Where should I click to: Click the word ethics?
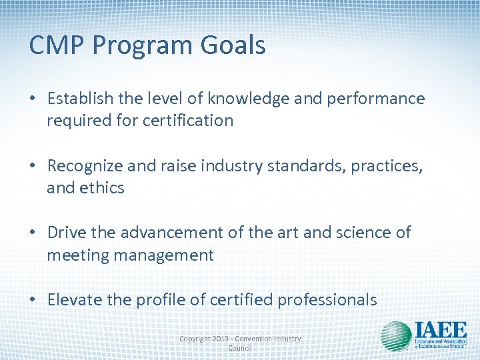click(101, 188)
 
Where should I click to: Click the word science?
click(359, 233)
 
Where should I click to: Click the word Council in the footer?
click(240, 348)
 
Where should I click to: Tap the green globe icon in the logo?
click(396, 335)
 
